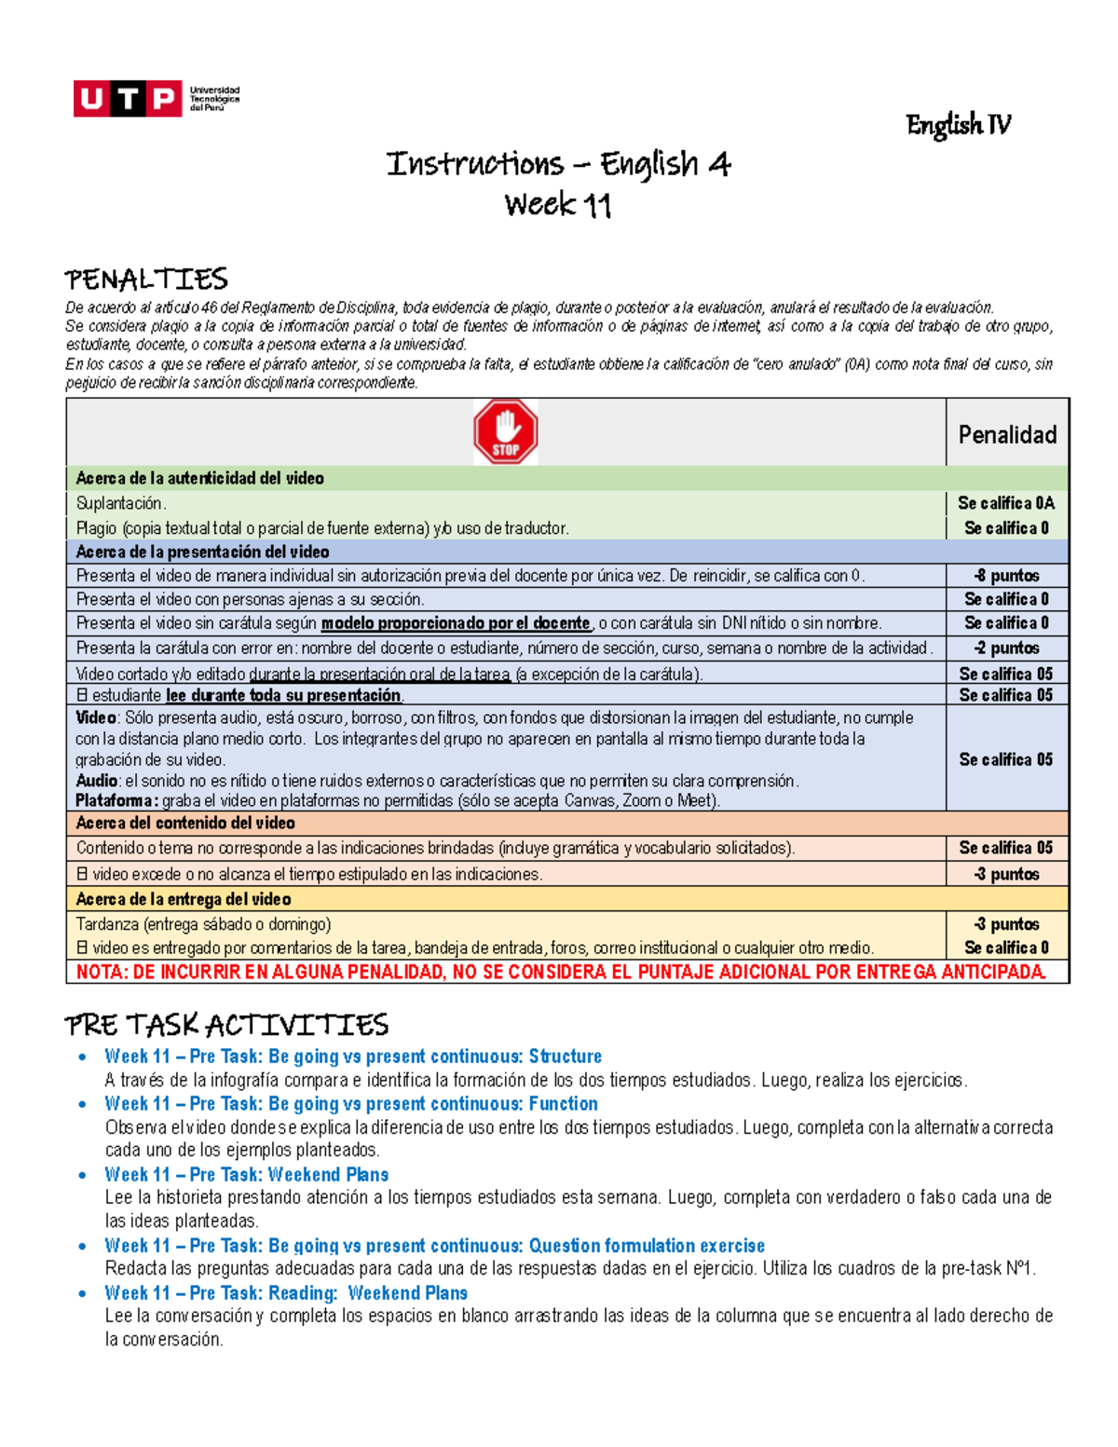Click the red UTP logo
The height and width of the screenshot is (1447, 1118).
click(x=128, y=99)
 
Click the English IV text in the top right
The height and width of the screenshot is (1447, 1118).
click(x=958, y=125)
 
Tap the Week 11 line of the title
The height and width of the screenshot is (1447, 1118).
click(x=558, y=205)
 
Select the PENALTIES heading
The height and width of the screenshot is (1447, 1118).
click(x=146, y=280)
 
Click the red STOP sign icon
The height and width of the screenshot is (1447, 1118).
click(x=505, y=431)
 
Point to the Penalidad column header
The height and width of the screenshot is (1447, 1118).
click(x=1007, y=434)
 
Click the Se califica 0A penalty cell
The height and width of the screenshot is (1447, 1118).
click(x=1006, y=503)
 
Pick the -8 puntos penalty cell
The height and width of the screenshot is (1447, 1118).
click(x=1006, y=576)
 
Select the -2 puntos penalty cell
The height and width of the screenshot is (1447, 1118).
click(x=1006, y=648)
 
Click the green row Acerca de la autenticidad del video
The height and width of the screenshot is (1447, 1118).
click(x=200, y=478)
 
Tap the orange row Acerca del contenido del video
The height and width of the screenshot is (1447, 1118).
click(x=185, y=823)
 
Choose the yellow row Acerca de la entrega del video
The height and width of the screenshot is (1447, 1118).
click(x=184, y=899)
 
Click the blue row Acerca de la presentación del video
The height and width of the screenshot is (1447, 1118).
click(x=202, y=552)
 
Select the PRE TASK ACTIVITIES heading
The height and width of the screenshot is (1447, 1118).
click(x=226, y=1025)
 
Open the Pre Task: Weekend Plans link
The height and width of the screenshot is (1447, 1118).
click(x=246, y=1174)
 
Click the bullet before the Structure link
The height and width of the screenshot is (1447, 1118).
click(x=84, y=1057)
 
